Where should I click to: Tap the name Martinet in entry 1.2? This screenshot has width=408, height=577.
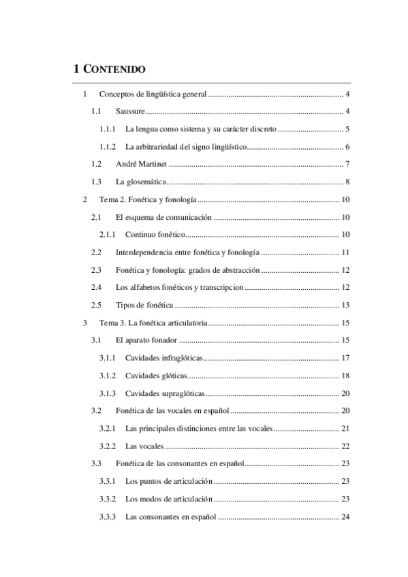152,165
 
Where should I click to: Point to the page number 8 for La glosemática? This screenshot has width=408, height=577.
347,182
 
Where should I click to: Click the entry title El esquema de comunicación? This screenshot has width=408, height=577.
164,218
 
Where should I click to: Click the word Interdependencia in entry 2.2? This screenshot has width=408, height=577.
146,253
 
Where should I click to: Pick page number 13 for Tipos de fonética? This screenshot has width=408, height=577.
345,306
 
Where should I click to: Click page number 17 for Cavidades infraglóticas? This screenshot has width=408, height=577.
345,359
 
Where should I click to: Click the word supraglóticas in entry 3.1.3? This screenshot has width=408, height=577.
180,394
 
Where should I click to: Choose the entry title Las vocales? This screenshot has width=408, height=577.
144,447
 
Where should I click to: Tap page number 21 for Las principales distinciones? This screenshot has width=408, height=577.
345,429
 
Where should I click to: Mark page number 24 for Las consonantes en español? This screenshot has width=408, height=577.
345,518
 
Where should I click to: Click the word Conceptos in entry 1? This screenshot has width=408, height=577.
117,94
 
